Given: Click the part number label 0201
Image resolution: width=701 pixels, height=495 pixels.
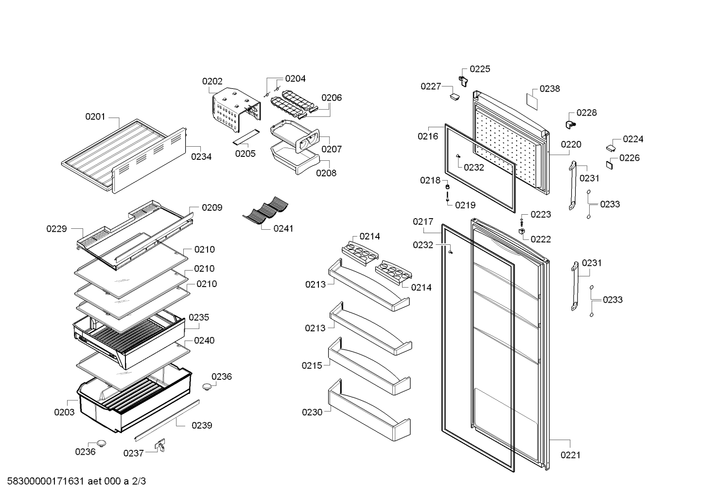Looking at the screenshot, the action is click(x=95, y=117).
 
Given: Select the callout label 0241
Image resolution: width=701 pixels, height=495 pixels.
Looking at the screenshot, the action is click(x=283, y=229).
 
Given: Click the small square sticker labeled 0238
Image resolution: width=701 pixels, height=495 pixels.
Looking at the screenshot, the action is click(x=531, y=102).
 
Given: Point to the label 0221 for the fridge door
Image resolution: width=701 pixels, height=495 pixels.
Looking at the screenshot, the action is click(x=570, y=455).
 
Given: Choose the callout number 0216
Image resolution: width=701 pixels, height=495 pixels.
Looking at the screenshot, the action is click(x=428, y=137).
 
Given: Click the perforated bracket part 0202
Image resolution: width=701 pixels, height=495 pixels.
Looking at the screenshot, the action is click(x=236, y=109).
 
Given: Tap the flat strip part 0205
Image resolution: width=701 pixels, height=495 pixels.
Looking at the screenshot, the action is click(x=246, y=137).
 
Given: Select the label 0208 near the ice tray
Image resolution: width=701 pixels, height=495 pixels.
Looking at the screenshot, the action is click(x=326, y=173).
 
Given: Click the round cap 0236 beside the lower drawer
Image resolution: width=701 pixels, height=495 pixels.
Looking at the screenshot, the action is click(x=207, y=387).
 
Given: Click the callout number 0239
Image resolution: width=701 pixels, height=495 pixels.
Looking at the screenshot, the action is click(x=202, y=425).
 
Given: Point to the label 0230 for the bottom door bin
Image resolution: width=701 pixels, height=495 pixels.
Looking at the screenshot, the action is click(x=312, y=412).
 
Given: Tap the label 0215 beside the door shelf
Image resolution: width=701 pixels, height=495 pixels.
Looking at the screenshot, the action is click(x=312, y=365).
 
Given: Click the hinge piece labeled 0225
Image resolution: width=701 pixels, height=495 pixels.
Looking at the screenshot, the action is click(x=463, y=81).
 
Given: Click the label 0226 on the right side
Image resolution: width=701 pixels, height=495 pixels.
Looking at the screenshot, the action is click(x=630, y=158).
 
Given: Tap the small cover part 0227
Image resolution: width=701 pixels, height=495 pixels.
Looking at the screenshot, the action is click(x=455, y=97).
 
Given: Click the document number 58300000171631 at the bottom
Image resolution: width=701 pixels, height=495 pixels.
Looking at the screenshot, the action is click(x=46, y=481).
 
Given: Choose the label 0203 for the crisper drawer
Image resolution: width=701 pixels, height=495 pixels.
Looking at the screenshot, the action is click(x=64, y=412).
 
